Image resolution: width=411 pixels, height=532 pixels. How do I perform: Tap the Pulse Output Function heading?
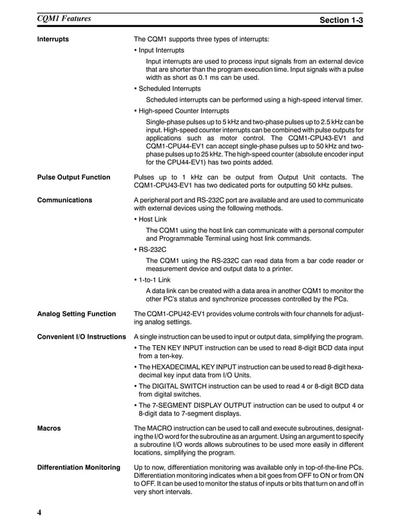click(x=73, y=177)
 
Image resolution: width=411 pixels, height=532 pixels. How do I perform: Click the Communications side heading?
click(x=64, y=200)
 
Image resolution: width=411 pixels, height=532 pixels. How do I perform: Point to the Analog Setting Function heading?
click(x=76, y=314)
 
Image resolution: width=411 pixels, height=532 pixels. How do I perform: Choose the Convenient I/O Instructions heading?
click(x=81, y=337)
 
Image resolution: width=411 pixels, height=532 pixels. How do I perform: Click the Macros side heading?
click(x=49, y=427)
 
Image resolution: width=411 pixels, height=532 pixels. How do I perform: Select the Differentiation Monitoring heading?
click(x=79, y=467)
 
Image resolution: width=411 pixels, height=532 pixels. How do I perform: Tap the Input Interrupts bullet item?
click(x=160, y=50)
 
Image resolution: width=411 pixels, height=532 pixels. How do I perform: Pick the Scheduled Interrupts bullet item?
click(x=169, y=88)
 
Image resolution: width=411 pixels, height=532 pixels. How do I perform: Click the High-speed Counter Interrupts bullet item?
click(x=183, y=110)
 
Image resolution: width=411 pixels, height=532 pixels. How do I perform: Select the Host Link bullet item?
click(x=153, y=219)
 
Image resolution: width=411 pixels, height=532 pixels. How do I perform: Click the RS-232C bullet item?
click(x=153, y=249)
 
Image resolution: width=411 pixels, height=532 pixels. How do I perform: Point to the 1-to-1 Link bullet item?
click(x=154, y=279)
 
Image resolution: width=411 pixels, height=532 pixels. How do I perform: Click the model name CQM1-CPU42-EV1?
click(x=175, y=314)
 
